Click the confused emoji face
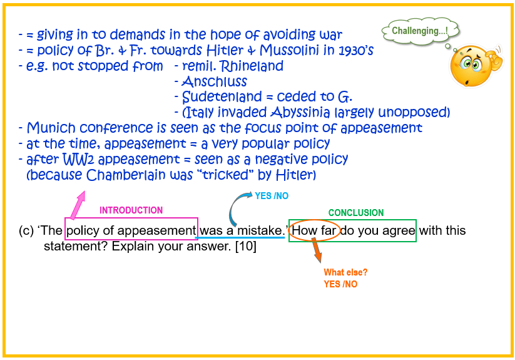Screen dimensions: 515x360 475,66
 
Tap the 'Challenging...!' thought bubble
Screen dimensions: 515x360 420,31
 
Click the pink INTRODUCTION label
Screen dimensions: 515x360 131,210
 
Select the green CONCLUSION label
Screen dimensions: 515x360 356,213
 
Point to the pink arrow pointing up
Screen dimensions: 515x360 78,205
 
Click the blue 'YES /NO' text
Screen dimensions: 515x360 272,196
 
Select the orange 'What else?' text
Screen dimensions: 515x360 345,272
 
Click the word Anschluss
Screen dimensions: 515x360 214,81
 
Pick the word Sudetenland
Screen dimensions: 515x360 222,97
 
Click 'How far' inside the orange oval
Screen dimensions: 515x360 314,230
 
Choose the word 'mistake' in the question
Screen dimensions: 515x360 260,230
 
